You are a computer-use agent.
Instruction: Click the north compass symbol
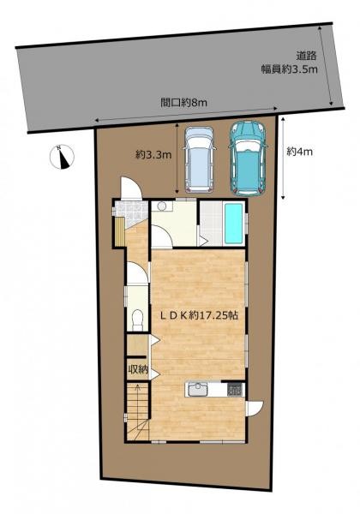[62, 157]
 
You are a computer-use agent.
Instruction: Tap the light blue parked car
[200, 159]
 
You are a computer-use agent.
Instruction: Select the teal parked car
[248, 158]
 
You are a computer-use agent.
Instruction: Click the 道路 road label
[306, 56]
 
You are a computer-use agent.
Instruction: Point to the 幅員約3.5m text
[289, 69]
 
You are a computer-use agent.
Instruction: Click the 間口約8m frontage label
[183, 103]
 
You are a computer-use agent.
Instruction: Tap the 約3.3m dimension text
[153, 154]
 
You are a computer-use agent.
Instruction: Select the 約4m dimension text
[300, 152]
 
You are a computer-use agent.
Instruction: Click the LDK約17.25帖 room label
[199, 315]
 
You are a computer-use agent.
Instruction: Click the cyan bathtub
[233, 223]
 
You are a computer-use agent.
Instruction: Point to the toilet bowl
[137, 320]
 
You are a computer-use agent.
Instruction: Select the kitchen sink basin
[197, 390]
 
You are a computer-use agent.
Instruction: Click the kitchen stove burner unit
[234, 389]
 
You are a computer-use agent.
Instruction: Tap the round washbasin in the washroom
[162, 206]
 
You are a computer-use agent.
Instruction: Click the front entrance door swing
[131, 188]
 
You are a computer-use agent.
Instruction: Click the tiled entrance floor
[131, 213]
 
